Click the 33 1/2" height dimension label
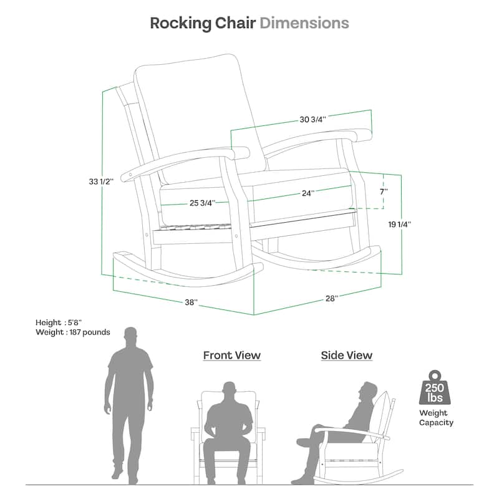101,182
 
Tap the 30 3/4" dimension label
312,120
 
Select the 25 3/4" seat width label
202,203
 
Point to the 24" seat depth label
308,193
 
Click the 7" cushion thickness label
384,191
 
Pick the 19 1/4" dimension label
399,225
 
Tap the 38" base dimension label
191,303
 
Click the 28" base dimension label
331,299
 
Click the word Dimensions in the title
304,23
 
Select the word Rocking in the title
180,24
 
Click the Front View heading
231,355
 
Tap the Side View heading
347,355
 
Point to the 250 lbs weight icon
435,387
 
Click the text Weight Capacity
436,417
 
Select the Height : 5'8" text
59,322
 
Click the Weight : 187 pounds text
73,332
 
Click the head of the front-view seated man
229,392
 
